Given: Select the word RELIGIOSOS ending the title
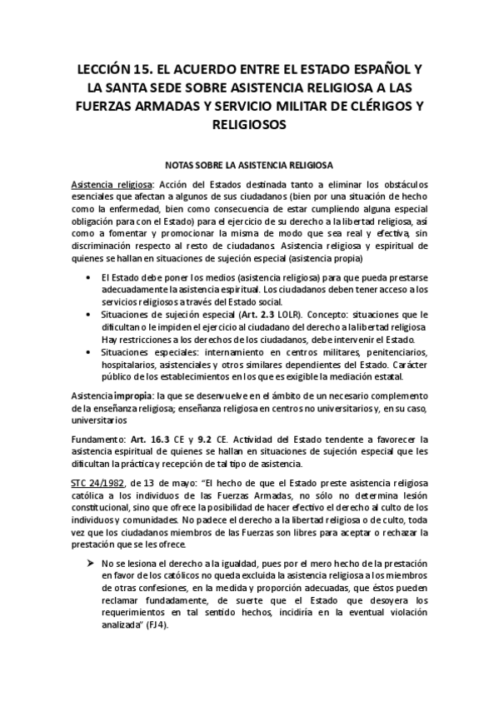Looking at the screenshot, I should click(x=250, y=124).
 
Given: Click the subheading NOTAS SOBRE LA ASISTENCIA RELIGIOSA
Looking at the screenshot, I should click(x=250, y=165).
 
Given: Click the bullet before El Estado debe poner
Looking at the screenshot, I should click(x=88, y=277).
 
